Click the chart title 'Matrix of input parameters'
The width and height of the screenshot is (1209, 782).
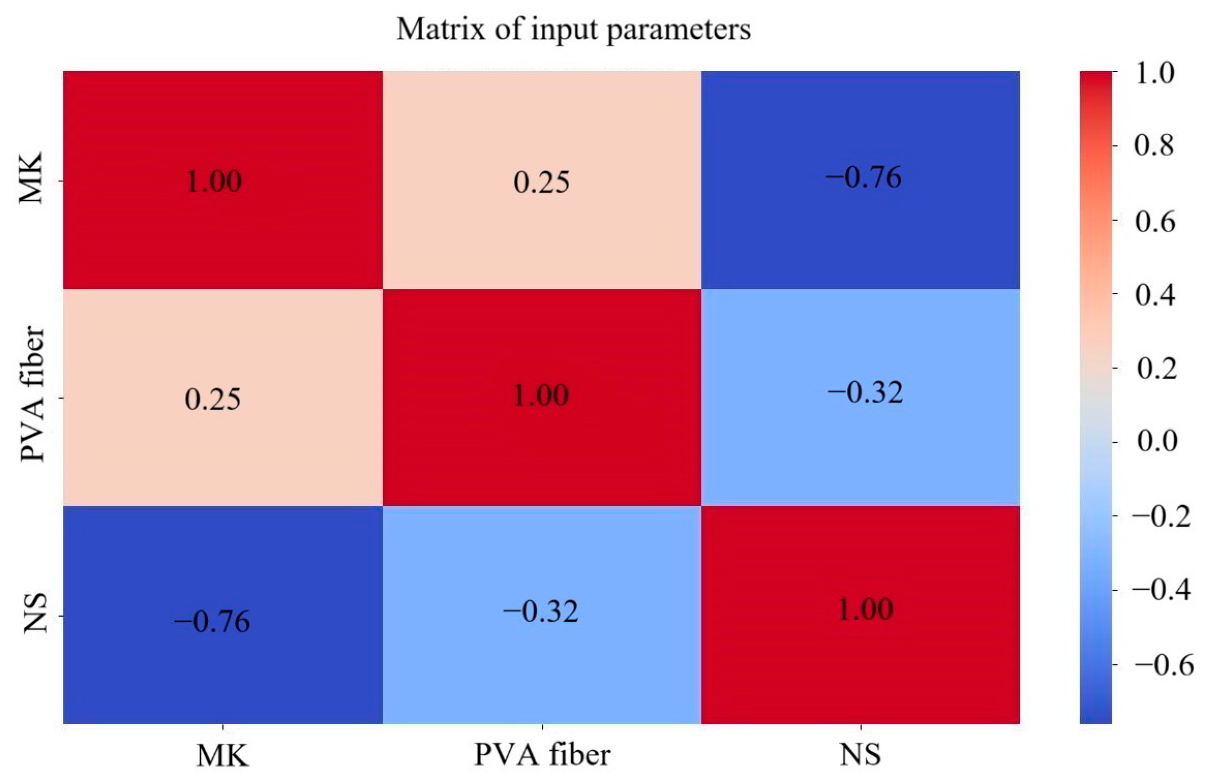pyautogui.click(x=573, y=29)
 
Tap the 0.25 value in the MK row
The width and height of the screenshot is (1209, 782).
pyautogui.click(x=541, y=182)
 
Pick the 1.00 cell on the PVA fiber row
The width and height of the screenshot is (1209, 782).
pyautogui.click(x=541, y=395)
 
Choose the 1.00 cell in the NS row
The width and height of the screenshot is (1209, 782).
pyautogui.click(x=865, y=610)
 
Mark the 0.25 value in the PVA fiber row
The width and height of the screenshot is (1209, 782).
pyautogui.click(x=213, y=399)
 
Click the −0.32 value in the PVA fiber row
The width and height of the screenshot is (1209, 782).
pyautogui.click(x=865, y=393)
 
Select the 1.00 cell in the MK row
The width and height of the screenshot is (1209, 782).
pyautogui.click(x=214, y=182)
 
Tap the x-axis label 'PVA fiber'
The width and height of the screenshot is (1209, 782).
pyautogui.click(x=542, y=755)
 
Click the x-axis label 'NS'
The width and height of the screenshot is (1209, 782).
pyautogui.click(x=860, y=755)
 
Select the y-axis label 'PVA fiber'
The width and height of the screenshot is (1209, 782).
pyautogui.click(x=33, y=394)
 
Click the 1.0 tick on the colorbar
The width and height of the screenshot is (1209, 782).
pyautogui.click(x=1154, y=74)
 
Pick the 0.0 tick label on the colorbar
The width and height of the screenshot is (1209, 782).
pyautogui.click(x=1157, y=441)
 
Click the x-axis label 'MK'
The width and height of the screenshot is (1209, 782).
pyautogui.click(x=222, y=756)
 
